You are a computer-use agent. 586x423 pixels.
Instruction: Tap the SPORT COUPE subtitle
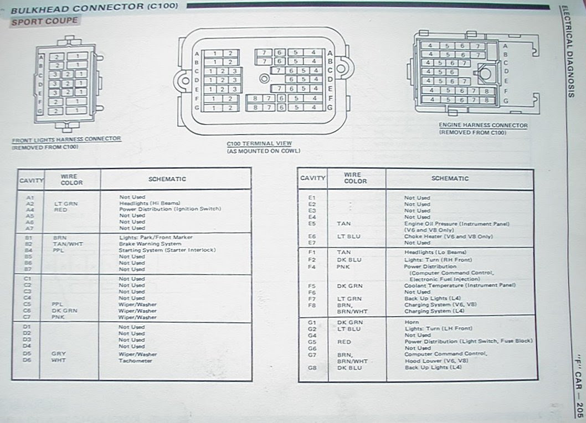(45, 22)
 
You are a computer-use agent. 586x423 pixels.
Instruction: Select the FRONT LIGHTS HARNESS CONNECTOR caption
(66, 139)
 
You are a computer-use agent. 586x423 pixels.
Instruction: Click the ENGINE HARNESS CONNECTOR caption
(483, 126)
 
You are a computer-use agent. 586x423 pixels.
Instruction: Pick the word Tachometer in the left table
(135, 360)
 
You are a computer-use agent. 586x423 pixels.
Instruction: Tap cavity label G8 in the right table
(311, 367)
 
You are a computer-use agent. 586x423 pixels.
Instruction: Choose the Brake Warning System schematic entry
(150, 244)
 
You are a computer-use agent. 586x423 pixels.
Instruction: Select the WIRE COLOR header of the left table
(71, 179)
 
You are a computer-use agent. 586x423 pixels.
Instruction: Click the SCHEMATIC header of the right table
(450, 178)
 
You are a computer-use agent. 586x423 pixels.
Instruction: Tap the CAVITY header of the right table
(313, 178)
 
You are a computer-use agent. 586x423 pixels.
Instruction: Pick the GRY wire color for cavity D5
(59, 354)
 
